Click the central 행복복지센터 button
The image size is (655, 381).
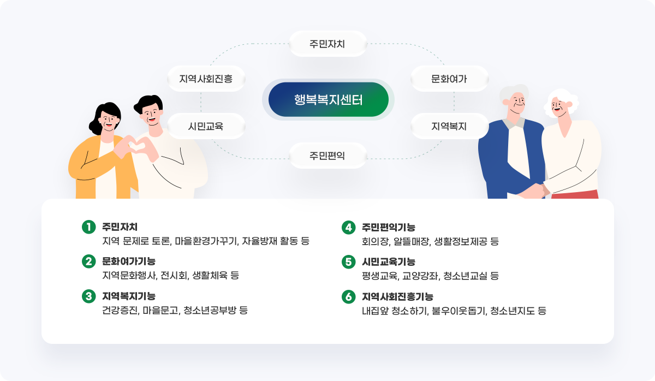point(329,100)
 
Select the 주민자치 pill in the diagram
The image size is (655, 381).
point(328,44)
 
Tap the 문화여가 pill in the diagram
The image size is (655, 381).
point(449,79)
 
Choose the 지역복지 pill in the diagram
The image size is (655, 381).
point(449,126)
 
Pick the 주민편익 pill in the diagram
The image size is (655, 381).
point(328,156)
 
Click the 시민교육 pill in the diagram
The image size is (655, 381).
point(206,126)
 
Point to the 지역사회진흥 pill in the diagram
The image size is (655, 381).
point(206,79)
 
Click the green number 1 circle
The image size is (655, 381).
point(89,227)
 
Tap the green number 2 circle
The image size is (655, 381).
point(89,261)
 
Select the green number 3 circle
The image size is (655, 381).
point(89,296)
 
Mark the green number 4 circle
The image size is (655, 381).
point(349,228)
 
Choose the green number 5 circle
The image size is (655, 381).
point(349,261)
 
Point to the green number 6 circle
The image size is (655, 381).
point(349,297)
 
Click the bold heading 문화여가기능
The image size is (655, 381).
point(129,261)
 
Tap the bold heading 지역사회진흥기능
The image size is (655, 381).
point(398,296)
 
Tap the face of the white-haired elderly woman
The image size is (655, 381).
point(558,106)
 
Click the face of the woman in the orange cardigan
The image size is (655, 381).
point(108,121)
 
